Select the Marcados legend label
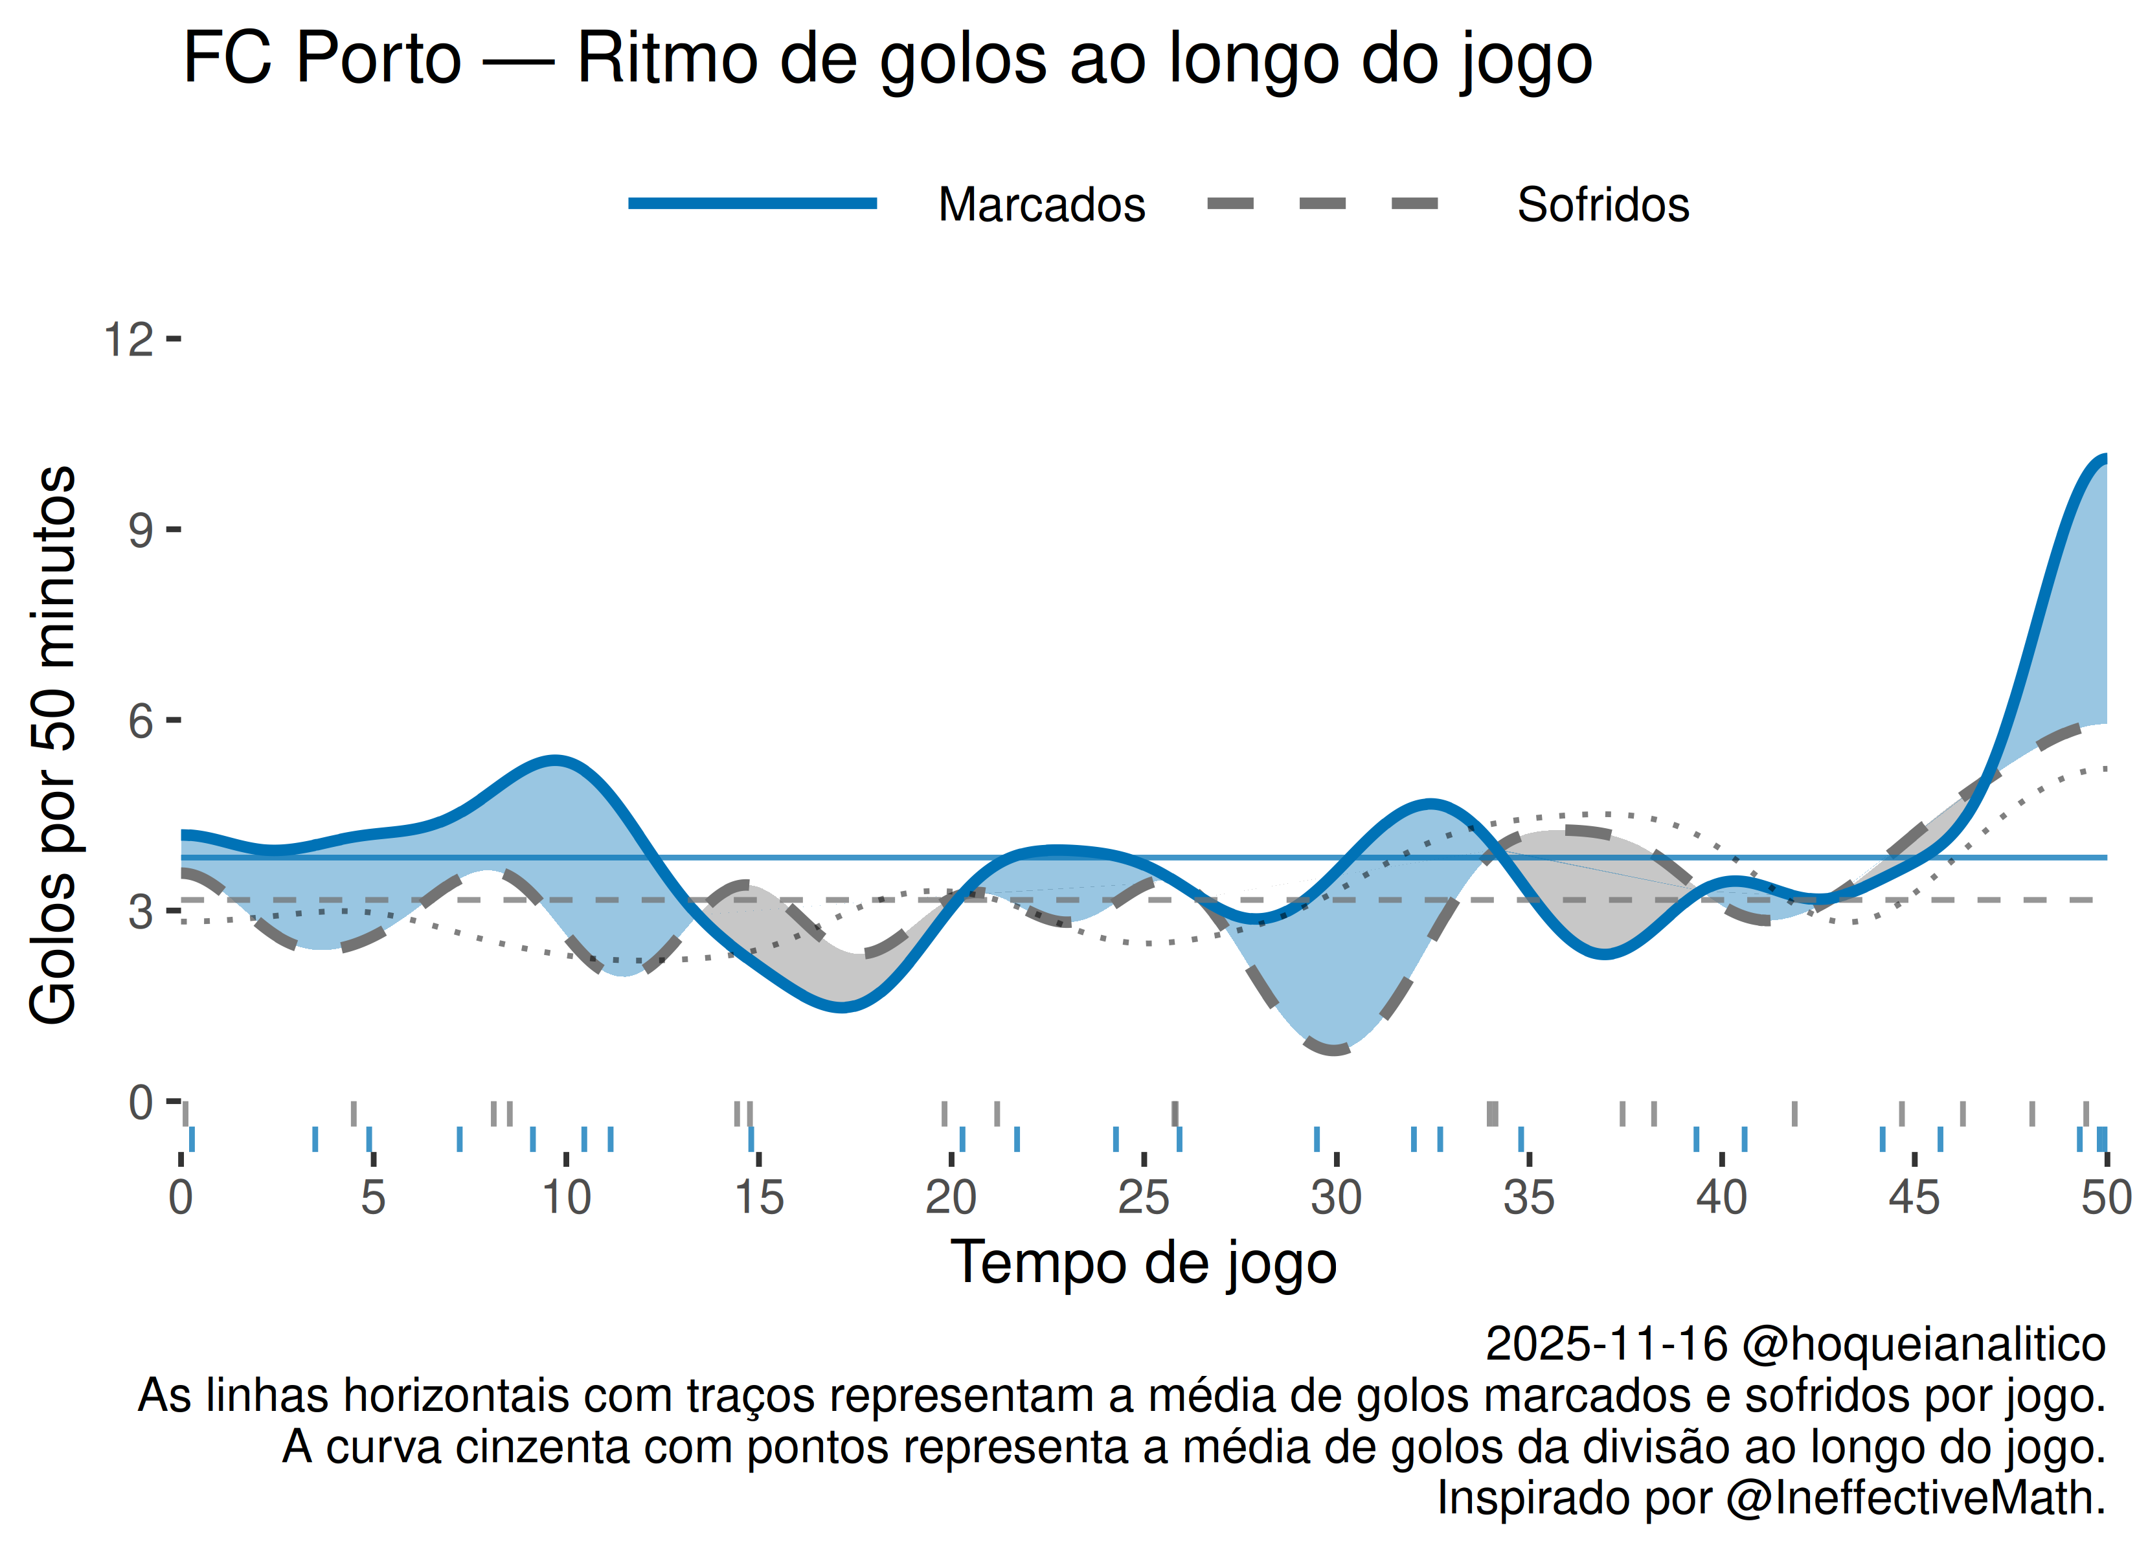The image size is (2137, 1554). pos(1041,205)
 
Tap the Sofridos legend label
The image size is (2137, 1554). pos(1603,205)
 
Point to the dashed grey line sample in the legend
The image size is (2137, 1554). pos(1323,203)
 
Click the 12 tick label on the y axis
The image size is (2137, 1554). pos(128,339)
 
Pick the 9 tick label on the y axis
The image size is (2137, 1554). pos(141,530)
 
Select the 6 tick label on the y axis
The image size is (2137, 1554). pos(141,722)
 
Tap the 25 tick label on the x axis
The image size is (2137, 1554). pos(1143,1198)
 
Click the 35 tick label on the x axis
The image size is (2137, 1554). pos(1528,1198)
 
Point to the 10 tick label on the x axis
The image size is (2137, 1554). pos(565,1198)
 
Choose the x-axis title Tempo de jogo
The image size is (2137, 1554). pos(1143,1262)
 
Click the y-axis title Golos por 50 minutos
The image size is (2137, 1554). pos(54,745)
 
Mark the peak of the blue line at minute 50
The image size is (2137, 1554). pos(2103,459)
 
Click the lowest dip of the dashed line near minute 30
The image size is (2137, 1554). pos(1334,1050)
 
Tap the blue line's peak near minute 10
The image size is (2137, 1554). pos(556,760)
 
